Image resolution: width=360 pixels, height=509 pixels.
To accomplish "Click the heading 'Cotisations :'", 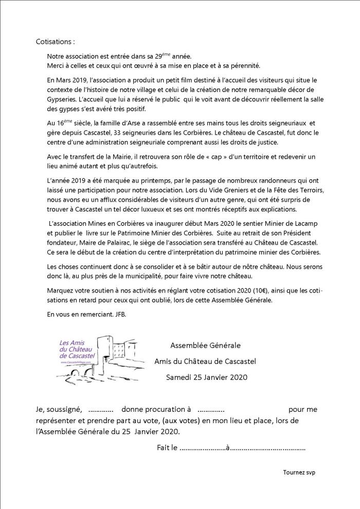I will click(55, 41).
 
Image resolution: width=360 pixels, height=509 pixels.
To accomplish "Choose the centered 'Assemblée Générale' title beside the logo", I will click(205, 346).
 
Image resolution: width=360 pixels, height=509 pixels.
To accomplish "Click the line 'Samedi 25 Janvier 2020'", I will click(207, 377).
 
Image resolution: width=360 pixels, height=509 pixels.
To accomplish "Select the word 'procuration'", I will click(164, 409).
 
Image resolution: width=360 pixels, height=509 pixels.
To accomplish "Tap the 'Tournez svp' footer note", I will click(299, 472).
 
